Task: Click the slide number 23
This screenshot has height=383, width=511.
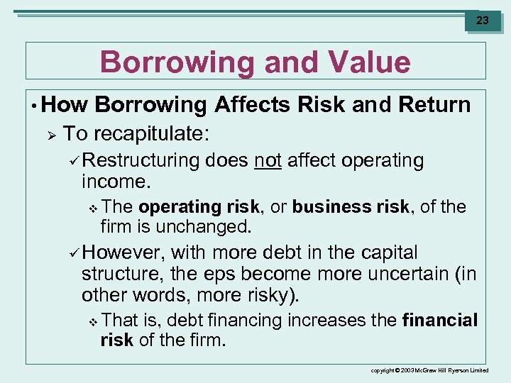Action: [x=482, y=21]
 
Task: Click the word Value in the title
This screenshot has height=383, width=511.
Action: [x=364, y=62]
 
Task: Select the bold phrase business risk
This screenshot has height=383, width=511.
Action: [x=350, y=207]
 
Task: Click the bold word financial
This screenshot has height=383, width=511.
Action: [x=439, y=321]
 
